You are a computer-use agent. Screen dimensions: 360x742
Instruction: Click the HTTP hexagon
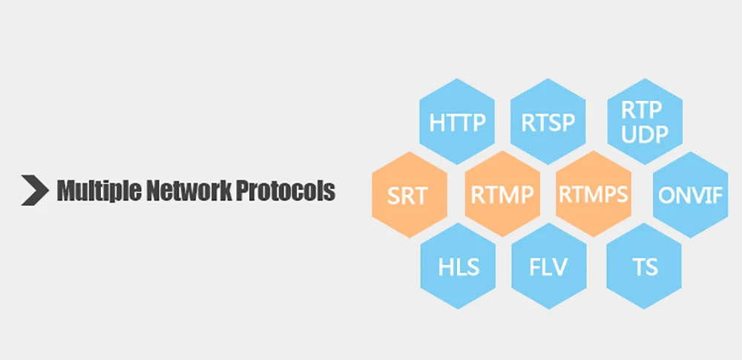(457, 122)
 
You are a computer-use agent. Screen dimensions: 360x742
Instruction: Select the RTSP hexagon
(548, 122)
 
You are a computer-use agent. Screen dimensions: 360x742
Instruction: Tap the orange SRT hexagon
(408, 195)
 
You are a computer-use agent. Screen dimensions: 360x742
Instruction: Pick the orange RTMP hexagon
(502, 195)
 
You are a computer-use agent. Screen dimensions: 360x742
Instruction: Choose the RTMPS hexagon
(593, 194)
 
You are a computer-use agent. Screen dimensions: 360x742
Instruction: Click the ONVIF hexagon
(690, 195)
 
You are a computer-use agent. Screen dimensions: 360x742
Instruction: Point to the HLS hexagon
(458, 266)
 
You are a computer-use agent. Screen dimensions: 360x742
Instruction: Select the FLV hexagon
(548, 266)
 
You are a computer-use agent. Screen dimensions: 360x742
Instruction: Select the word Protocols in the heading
(286, 191)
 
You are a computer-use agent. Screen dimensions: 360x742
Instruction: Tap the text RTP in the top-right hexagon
(643, 110)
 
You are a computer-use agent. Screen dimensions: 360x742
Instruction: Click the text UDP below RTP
(643, 134)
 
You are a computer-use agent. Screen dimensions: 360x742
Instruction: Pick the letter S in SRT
(394, 196)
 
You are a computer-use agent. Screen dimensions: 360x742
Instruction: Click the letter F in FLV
(534, 266)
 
